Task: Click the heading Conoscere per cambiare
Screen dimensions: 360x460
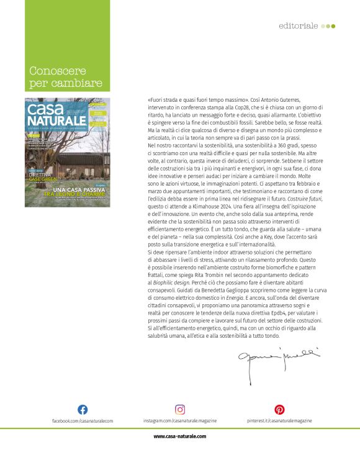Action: tap(66, 77)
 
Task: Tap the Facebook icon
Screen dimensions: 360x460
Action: tap(82, 410)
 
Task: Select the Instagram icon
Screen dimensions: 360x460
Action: tap(180, 410)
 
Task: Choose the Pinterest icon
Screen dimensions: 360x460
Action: tap(280, 410)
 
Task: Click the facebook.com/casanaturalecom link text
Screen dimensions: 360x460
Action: tap(83, 421)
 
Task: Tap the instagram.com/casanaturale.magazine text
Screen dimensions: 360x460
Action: tap(180, 421)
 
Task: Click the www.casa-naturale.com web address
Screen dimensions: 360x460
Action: tap(180, 436)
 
